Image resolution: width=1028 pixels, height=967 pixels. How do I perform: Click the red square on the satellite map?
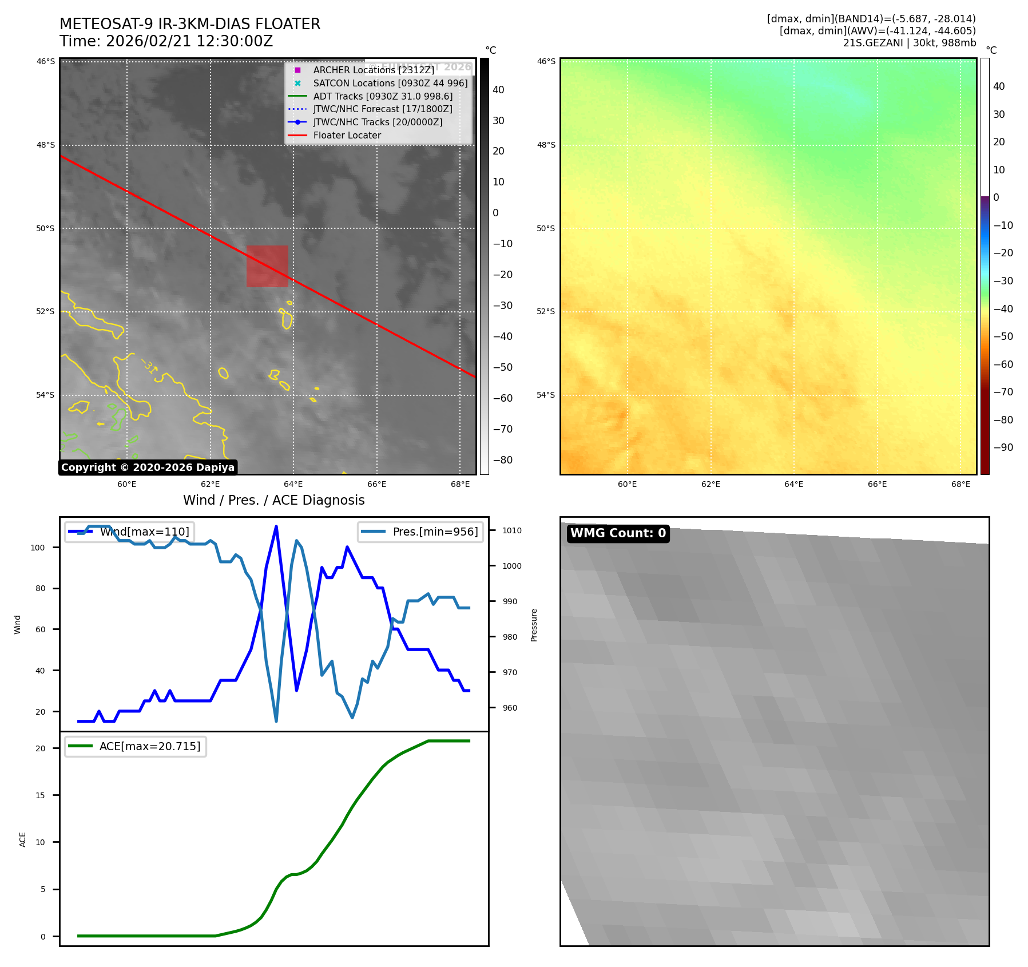[x=267, y=266]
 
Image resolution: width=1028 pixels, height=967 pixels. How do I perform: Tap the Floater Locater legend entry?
[x=347, y=136]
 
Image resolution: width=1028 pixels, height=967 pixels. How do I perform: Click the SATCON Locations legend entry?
[x=390, y=83]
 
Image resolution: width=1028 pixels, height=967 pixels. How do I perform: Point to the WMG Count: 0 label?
[x=618, y=533]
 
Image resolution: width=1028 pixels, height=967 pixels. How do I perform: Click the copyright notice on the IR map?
[x=148, y=467]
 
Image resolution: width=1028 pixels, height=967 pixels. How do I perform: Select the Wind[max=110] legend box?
[x=130, y=532]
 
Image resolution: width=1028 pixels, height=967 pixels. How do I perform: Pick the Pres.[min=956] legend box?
[x=420, y=532]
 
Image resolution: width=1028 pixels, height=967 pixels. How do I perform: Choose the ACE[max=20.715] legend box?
[x=136, y=746]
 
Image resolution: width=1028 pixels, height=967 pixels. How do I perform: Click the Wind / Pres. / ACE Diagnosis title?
[x=273, y=500]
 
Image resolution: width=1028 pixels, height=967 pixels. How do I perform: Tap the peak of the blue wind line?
[x=276, y=526]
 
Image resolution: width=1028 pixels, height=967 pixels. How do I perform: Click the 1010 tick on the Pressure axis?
[x=511, y=530]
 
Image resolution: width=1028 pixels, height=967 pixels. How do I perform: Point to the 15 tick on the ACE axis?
[x=40, y=795]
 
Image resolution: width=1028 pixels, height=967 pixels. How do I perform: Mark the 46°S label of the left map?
[x=46, y=61]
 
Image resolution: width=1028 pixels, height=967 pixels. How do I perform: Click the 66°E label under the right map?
[x=877, y=484]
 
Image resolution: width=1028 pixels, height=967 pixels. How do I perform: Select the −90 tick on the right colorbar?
[x=1003, y=447]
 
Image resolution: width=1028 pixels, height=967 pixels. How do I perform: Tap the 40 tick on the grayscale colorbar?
[x=498, y=90]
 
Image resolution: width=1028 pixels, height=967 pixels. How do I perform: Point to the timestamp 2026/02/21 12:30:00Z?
[x=189, y=41]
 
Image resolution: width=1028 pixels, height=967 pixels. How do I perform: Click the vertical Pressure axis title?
[x=534, y=625]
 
